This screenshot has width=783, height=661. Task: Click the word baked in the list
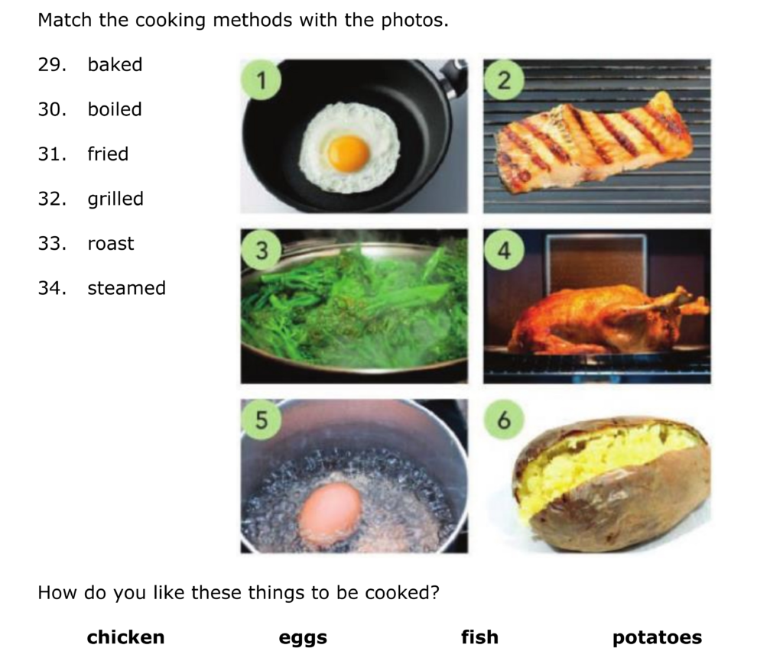pos(115,64)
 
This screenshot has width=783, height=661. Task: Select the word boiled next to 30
pos(115,109)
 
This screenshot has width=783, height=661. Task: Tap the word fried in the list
pos(108,154)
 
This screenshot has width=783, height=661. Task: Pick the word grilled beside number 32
pos(115,199)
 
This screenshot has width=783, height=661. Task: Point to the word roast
pos(110,244)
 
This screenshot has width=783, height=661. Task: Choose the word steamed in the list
pos(126,288)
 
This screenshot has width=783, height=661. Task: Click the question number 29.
pos(52,65)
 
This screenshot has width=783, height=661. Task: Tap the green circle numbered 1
pos(261,79)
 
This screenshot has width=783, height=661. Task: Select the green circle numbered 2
pos(504,79)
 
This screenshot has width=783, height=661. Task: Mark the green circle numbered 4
pos(504,250)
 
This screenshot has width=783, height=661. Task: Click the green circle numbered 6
pos(504,420)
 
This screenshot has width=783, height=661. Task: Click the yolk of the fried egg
pos(349,153)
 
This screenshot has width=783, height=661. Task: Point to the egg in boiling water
pos(330,513)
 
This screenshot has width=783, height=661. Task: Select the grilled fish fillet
pos(594,141)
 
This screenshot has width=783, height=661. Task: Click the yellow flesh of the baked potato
pos(604,462)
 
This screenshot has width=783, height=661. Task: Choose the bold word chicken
pos(125,637)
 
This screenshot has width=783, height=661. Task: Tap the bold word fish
pos(479,637)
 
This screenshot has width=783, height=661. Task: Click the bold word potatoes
pos(657,638)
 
